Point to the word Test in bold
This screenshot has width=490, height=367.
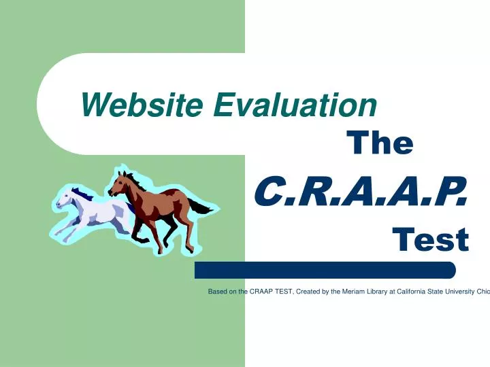click(430, 239)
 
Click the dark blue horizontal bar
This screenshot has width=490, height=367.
click(325, 270)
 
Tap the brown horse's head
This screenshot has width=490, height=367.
click(120, 182)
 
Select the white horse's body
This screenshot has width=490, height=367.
click(102, 212)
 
